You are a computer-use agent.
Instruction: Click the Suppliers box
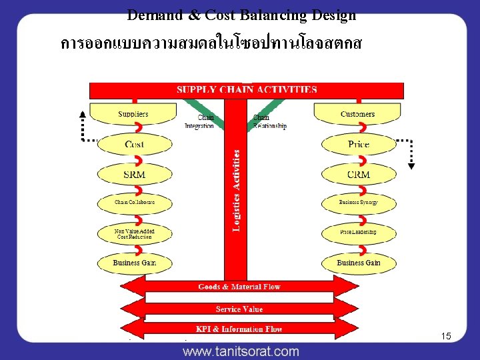(133, 114)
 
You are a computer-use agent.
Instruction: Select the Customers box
(357, 114)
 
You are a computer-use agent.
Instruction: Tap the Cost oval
(134, 144)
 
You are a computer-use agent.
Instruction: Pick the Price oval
(359, 144)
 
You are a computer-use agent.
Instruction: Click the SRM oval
(134, 174)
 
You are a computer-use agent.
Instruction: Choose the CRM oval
(359, 174)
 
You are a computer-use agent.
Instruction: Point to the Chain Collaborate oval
(134, 202)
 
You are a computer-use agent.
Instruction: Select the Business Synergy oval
(359, 202)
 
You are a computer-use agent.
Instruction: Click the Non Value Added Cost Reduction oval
(134, 233)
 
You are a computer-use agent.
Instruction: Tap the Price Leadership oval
(359, 232)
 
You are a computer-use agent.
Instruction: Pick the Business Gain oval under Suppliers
(134, 263)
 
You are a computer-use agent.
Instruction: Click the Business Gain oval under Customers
(359, 263)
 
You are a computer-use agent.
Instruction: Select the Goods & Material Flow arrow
(239, 287)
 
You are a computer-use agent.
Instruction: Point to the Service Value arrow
(239, 309)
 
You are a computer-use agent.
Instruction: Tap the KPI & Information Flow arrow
(239, 329)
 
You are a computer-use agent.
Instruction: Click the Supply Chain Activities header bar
(247, 89)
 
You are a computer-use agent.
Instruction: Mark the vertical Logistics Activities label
(237, 190)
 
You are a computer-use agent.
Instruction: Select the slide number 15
(446, 336)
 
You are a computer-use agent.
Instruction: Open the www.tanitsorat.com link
(241, 351)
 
